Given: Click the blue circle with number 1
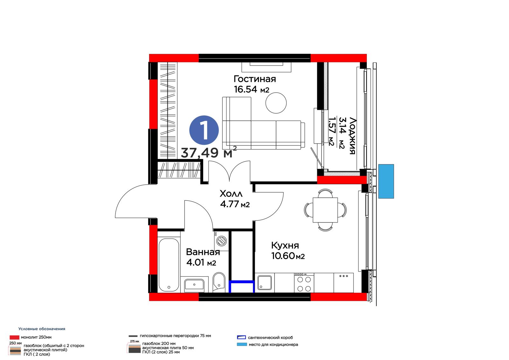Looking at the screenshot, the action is point(204,130).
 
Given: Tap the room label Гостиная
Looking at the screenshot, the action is point(255,79).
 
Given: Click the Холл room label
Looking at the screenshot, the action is point(231,194).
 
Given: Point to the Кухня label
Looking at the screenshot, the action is point(285,245).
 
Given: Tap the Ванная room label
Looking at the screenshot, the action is point(203,252).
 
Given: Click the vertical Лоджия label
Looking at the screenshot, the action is point(352,136).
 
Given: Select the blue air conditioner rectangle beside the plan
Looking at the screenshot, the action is point(386,181).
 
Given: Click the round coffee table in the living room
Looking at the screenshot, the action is point(276,103).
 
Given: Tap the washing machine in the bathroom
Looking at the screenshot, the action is point(221,241).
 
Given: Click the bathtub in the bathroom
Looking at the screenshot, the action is point(169,265).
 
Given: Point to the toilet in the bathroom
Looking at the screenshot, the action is point(219,282).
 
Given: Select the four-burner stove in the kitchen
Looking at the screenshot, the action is point(304,283).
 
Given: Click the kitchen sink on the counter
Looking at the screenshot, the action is point(264,283).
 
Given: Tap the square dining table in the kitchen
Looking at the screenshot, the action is point(325,210).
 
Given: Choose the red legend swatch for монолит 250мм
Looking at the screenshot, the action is point(14,337).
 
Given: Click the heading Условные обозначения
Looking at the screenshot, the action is point(42,329).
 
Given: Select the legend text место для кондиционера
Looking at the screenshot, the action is point(273,344).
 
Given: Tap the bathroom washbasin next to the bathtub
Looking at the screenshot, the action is point(194,284).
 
